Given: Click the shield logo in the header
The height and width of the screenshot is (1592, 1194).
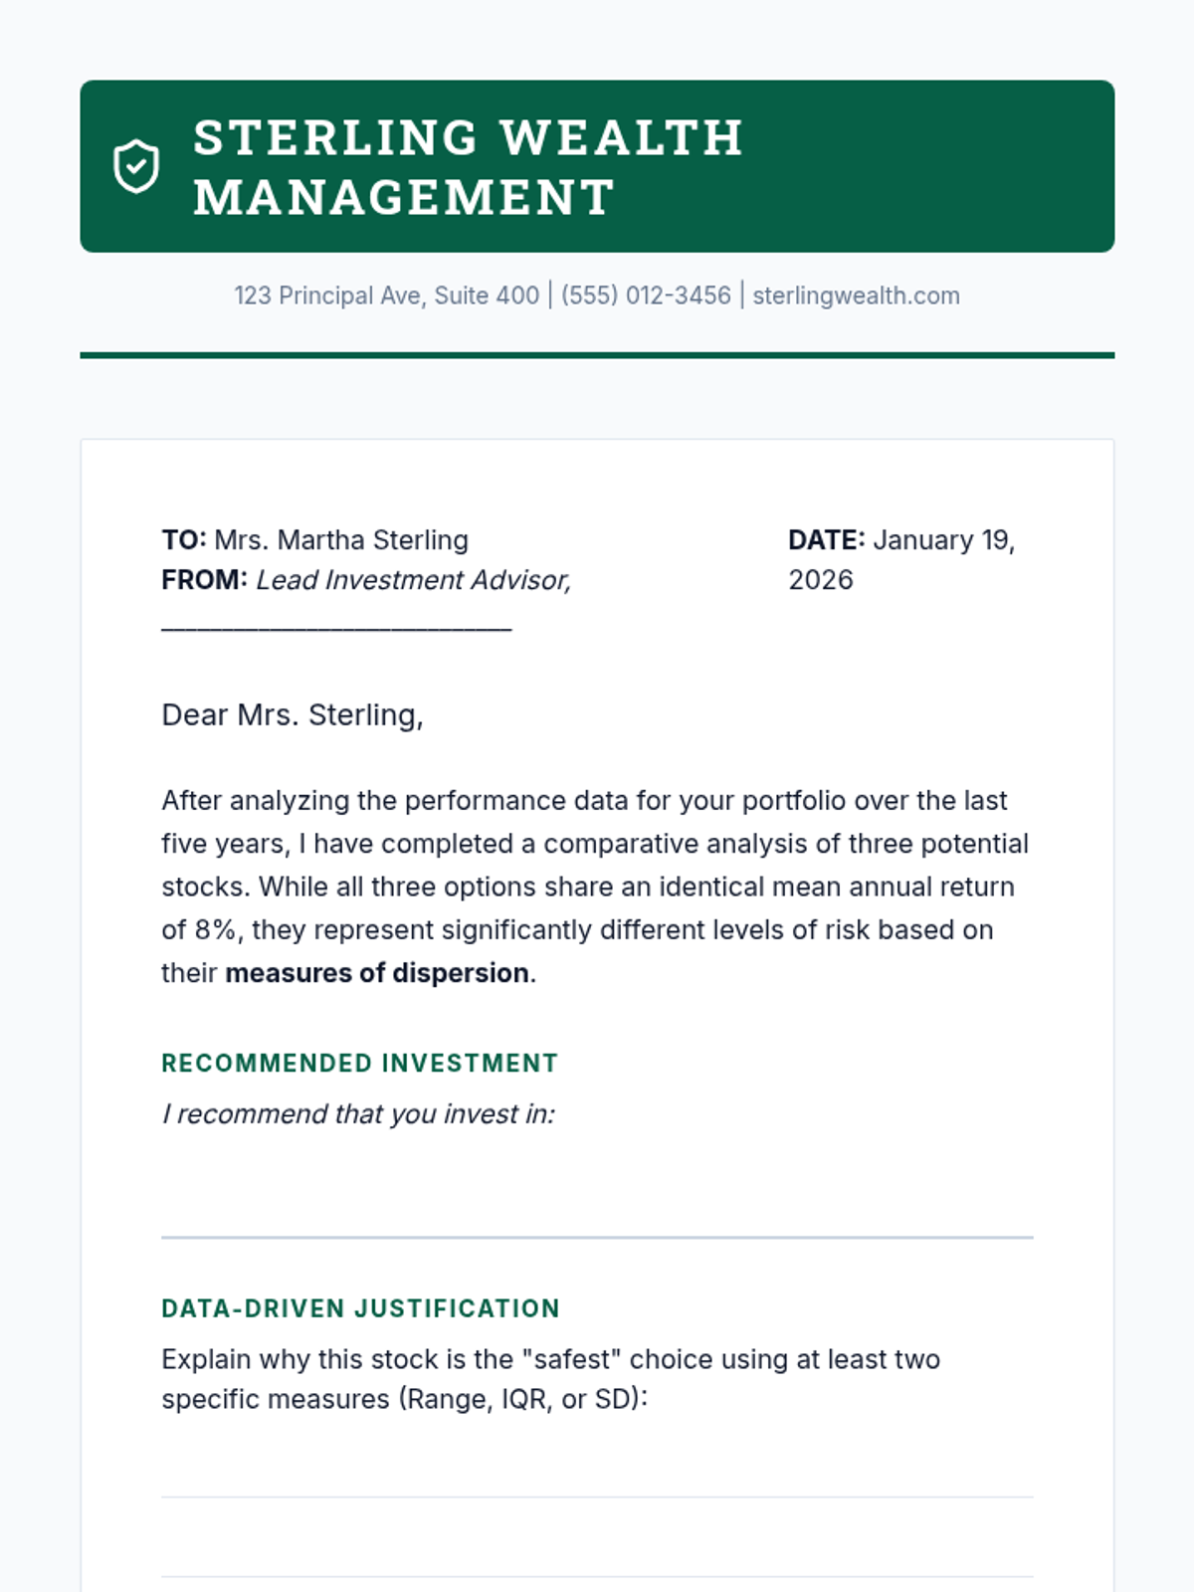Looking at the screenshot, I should [136, 166].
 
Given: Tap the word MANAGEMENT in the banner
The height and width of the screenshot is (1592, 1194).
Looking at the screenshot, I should [404, 197].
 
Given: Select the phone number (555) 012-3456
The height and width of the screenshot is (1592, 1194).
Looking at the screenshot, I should [646, 296].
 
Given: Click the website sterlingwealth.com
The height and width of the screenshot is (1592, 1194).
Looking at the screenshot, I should [856, 296].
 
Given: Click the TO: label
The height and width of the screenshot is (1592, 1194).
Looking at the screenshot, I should [184, 539].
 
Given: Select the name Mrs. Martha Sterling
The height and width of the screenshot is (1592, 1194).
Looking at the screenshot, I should [341, 539].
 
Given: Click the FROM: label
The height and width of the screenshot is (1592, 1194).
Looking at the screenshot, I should [204, 579].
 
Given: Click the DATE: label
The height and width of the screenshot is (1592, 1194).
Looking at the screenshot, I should [826, 539].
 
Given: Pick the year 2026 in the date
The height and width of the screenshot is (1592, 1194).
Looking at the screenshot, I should [821, 579].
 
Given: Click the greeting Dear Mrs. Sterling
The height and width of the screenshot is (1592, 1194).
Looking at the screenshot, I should [293, 714].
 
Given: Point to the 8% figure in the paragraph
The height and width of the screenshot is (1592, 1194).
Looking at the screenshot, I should [215, 929].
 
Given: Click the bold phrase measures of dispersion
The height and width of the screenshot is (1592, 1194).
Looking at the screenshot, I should [377, 972].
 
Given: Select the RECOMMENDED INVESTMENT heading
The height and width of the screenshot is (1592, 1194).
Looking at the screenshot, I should [359, 1063].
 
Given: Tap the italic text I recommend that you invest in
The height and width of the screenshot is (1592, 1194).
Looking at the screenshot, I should [358, 1113].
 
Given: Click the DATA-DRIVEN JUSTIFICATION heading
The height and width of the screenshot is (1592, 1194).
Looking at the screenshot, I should [360, 1308].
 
